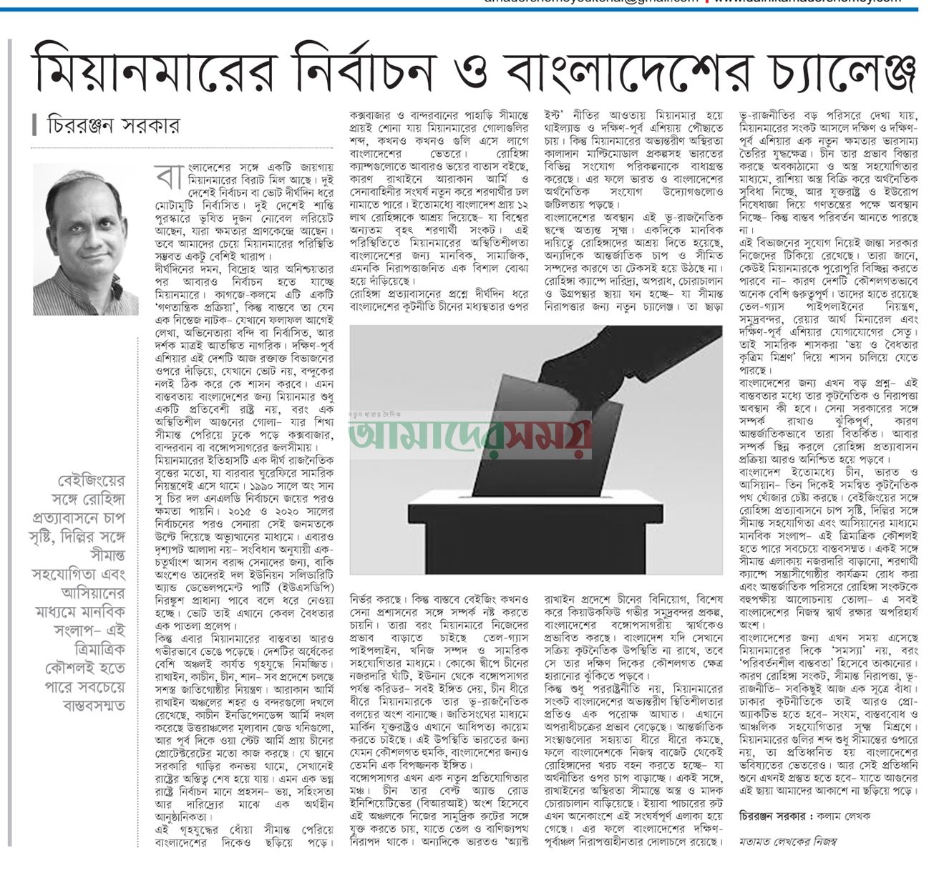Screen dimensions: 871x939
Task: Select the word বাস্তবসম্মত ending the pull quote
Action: coord(87,706)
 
